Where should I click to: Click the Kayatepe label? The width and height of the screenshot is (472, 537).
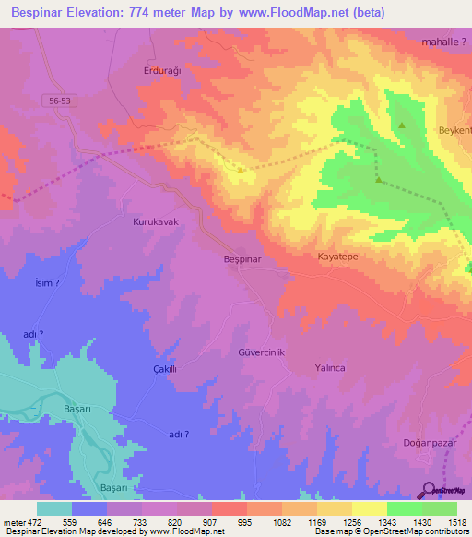pos(337,256)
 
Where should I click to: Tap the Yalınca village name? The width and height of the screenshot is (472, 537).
pos(329,367)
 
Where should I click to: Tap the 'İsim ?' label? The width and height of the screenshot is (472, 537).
pos(47,284)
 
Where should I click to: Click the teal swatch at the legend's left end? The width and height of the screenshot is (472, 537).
pos(54,508)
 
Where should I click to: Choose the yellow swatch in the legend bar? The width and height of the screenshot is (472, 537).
pos(370,508)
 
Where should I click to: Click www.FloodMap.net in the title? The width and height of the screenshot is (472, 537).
pos(293,13)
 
